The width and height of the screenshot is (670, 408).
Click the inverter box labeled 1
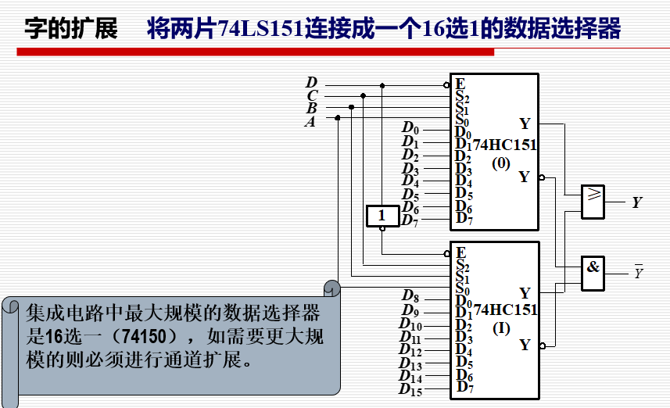pyautogui.click(x=382, y=215)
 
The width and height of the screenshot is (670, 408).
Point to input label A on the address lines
pyautogui.click(x=310, y=121)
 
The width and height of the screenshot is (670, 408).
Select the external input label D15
pyautogui.click(x=410, y=389)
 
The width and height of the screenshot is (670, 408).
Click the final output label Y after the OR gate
pyautogui.click(x=637, y=203)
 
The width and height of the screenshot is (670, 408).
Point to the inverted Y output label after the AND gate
pyautogui.click(x=638, y=273)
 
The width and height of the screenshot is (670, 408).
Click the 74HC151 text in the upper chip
pyautogui.click(x=505, y=145)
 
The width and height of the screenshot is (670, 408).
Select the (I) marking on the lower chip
pyautogui.click(x=501, y=328)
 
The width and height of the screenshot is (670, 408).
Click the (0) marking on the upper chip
pyautogui.click(x=500, y=164)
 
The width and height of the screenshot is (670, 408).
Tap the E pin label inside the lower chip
pyautogui.click(x=461, y=252)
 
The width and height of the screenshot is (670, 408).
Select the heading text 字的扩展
pyautogui.click(x=70, y=30)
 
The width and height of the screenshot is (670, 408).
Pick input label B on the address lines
pyautogui.click(x=311, y=109)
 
